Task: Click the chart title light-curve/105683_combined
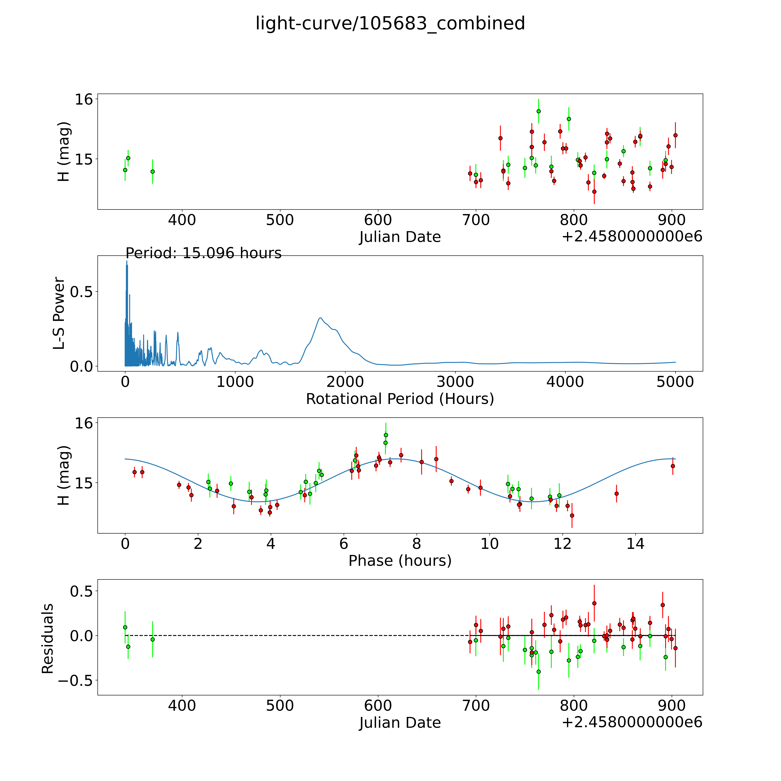tap(390, 23)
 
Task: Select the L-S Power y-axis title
tap(59, 313)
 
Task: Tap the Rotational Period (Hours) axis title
tap(400, 399)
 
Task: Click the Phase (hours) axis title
tap(400, 561)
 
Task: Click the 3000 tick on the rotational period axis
tap(455, 382)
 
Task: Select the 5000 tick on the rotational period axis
tap(675, 382)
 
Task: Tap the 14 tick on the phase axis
tap(636, 544)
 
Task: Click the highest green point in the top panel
tap(538, 111)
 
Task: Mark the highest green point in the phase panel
tap(386, 435)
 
